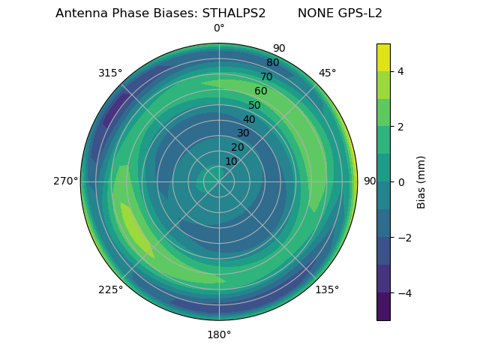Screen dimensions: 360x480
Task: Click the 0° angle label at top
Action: click(x=219, y=28)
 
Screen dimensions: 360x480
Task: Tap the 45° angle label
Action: click(x=327, y=73)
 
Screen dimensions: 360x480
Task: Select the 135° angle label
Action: click(x=327, y=289)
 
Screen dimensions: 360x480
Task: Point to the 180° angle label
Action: click(x=219, y=334)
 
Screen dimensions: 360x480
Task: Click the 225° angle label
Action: click(x=110, y=289)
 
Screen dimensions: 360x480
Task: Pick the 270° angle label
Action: click(x=66, y=181)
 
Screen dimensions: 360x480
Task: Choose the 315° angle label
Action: click(x=110, y=73)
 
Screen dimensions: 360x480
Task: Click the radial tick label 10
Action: click(x=231, y=161)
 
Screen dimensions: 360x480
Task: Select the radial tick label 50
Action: click(x=254, y=106)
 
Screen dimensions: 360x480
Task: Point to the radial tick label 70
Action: click(x=266, y=77)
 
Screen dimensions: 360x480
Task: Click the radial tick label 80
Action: click(x=272, y=63)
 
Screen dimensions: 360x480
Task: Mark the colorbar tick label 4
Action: click(x=400, y=71)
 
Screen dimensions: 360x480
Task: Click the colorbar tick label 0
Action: click(x=400, y=181)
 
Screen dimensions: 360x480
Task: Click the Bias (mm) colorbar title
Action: click(x=421, y=181)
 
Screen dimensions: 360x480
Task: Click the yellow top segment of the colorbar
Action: click(x=383, y=57)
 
